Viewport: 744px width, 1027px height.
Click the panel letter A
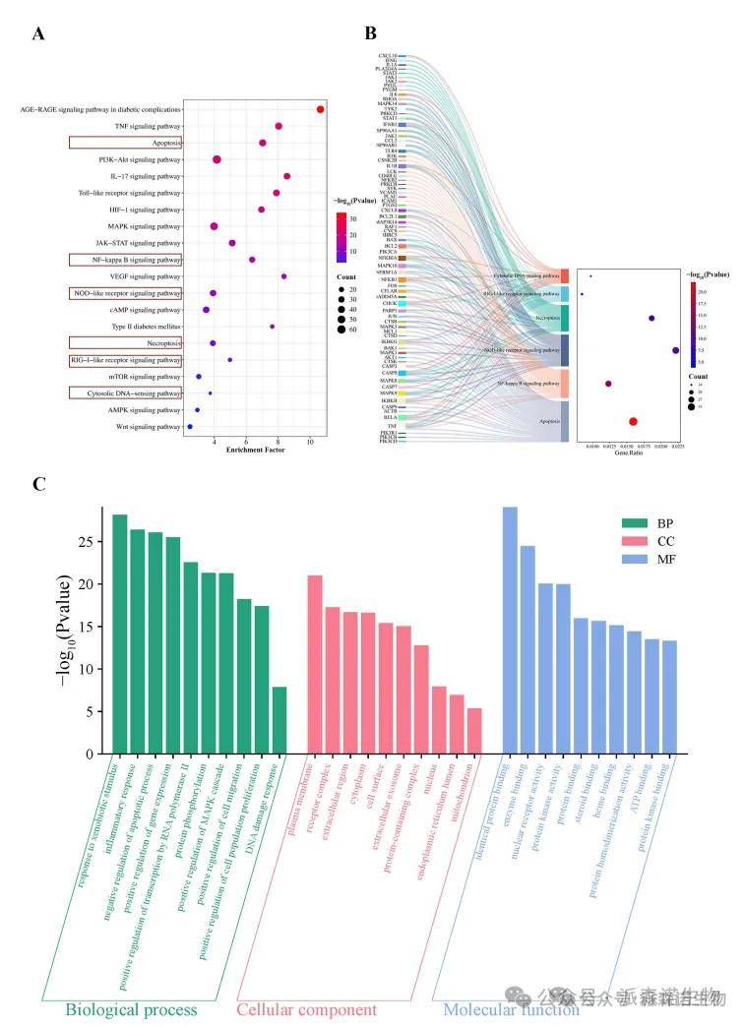point(39,34)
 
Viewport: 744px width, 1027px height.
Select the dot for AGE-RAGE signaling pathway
point(321,109)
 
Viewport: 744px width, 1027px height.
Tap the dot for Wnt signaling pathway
point(190,427)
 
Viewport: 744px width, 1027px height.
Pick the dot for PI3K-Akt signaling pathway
point(217,159)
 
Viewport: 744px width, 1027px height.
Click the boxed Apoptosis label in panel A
point(125,143)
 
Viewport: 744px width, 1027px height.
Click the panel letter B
point(371,32)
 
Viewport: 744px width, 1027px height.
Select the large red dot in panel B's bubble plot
point(633,422)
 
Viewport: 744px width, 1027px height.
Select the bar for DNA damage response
point(279,720)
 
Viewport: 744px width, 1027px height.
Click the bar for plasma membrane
point(315,664)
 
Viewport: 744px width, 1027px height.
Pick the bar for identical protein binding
point(510,631)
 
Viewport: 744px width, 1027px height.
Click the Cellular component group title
point(306,1009)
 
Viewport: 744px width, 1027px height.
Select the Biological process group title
point(132,1009)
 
